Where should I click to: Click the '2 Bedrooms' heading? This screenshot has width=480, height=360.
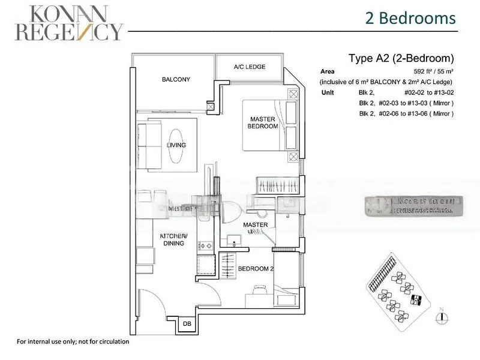click(x=410, y=18)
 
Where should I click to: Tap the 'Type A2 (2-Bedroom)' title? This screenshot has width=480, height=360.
click(x=401, y=59)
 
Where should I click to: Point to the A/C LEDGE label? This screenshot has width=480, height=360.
click(x=250, y=67)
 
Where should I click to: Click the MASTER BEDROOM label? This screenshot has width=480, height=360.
click(x=263, y=123)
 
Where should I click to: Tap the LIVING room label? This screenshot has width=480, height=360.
click(x=176, y=145)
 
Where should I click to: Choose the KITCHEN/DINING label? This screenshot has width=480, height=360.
click(x=174, y=239)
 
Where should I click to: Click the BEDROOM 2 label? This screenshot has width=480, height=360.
click(x=256, y=269)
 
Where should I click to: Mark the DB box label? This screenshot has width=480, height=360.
click(x=187, y=323)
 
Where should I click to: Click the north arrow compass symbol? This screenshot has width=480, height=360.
click(x=441, y=316)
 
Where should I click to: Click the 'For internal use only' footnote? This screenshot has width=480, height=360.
click(x=73, y=341)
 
